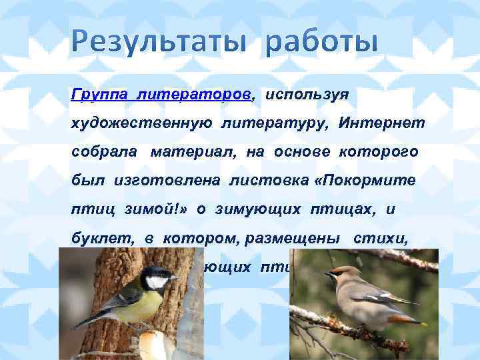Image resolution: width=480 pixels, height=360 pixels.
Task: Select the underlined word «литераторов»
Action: pyautogui.click(x=195, y=95)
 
